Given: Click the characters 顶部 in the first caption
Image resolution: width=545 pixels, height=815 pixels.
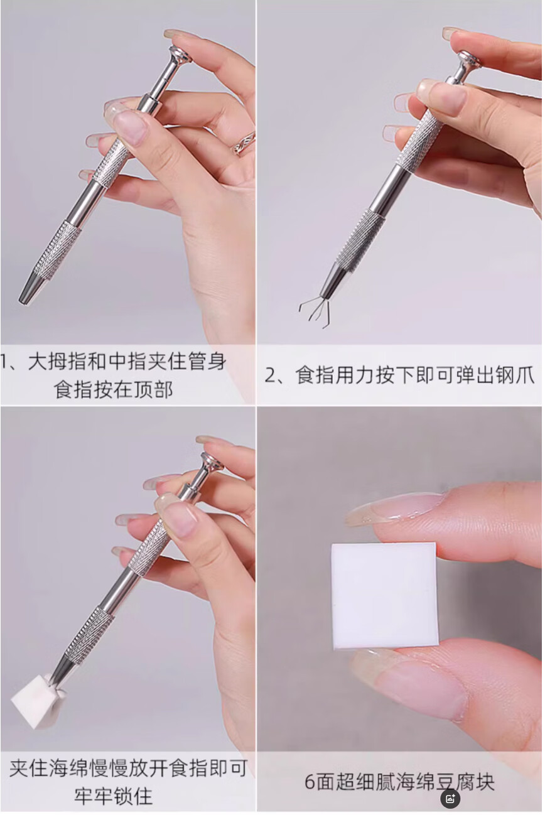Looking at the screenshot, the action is [x=153, y=390].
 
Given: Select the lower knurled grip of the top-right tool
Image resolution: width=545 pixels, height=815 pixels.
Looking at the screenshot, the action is [x=359, y=239].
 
